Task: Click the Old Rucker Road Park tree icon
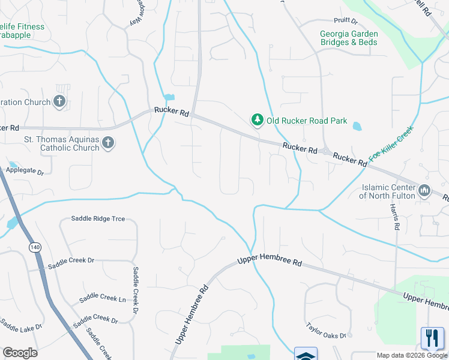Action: [x=258, y=121]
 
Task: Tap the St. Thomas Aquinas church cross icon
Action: [x=107, y=142]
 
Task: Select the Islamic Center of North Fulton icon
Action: [x=424, y=191]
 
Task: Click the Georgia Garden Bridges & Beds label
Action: [x=349, y=38]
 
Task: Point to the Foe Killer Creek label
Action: [x=391, y=143]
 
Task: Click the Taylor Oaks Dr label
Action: [x=327, y=332]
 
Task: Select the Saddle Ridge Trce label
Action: [x=98, y=219]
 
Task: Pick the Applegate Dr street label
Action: [x=25, y=172]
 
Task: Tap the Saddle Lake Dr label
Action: [x=21, y=328]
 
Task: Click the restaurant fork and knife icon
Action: [x=432, y=338]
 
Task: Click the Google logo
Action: [x=20, y=353]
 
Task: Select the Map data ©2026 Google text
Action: [x=412, y=355]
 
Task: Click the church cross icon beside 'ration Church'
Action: [x=59, y=101]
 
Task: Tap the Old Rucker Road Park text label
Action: [x=307, y=121]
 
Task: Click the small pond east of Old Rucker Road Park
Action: [x=357, y=127]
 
